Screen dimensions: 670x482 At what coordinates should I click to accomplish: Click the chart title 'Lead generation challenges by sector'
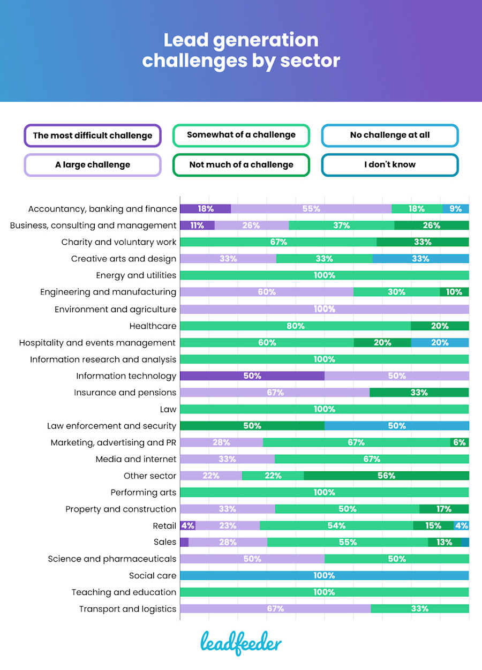pos(241,50)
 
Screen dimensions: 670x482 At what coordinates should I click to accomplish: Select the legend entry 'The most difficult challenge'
pos(93,135)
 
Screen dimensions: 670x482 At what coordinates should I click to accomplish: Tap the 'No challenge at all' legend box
pos(389,135)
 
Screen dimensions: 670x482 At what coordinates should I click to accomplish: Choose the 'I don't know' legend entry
pos(389,164)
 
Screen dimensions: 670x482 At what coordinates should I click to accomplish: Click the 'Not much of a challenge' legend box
pos(241,164)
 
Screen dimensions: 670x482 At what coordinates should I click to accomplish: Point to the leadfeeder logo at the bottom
pos(241,643)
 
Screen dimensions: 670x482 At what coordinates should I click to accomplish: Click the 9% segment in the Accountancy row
pos(456,209)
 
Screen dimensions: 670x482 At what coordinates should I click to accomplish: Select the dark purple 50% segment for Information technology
pos(252,376)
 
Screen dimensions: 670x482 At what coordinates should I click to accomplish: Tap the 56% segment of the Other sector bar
pos(386,476)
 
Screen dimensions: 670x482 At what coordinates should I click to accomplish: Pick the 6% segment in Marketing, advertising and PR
pos(460,442)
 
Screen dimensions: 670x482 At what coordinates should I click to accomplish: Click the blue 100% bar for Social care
pos(324,576)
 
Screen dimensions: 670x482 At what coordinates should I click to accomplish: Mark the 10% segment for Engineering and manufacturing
pos(454,292)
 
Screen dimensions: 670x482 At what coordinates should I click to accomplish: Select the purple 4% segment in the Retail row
pos(187,526)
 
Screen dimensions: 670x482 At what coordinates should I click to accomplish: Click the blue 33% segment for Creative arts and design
pos(420,259)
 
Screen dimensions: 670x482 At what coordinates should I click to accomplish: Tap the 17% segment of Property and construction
pos(444,509)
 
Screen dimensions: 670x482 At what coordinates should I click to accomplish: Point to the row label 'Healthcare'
pos(153,326)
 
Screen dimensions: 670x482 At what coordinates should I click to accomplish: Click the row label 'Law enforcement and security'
pos(111,426)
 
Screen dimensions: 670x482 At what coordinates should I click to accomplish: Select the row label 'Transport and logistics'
pos(127,609)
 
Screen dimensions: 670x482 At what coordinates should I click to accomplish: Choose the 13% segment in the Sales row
pos(444,543)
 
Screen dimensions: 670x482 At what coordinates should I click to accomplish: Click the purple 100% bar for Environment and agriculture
pos(324,309)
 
